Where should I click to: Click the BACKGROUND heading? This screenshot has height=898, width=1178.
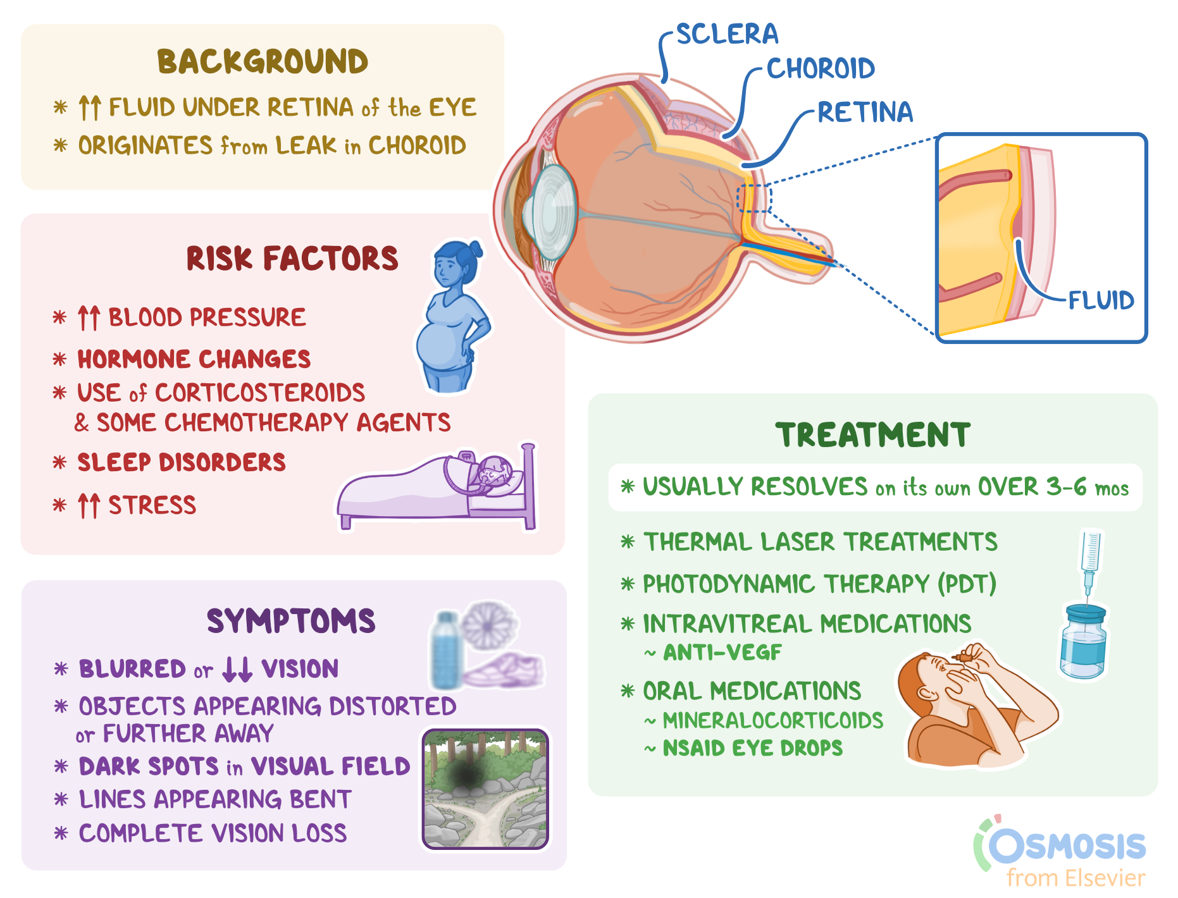click(x=263, y=62)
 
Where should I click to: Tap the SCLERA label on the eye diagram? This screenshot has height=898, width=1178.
click(x=727, y=34)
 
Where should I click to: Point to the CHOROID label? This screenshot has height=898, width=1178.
click(x=821, y=69)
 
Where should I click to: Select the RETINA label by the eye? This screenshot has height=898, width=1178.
click(x=865, y=113)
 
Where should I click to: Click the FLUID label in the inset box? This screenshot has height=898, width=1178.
click(x=1101, y=300)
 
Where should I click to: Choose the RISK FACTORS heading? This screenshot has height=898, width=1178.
click(x=292, y=259)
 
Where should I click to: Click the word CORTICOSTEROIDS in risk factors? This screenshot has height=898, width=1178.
click(x=260, y=393)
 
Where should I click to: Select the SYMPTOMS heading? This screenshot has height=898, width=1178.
click(x=291, y=621)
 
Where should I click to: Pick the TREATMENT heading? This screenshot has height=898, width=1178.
click(x=873, y=435)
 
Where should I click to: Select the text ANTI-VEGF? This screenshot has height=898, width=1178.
click(x=722, y=652)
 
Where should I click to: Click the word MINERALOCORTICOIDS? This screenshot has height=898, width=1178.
click(x=772, y=720)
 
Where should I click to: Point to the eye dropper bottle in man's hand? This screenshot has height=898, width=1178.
click(x=962, y=657)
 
